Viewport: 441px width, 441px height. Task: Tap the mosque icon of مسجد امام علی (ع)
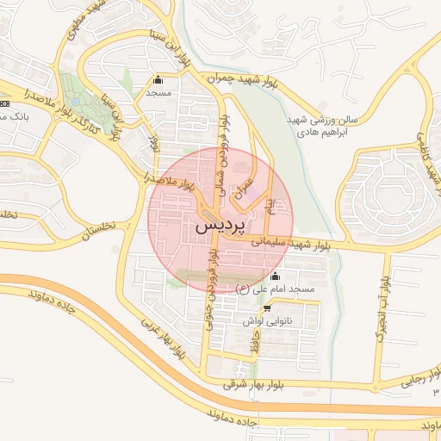(x=275, y=276)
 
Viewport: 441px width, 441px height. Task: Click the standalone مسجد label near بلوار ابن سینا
(x=158, y=91)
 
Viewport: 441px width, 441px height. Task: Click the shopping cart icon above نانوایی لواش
(x=266, y=307)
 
